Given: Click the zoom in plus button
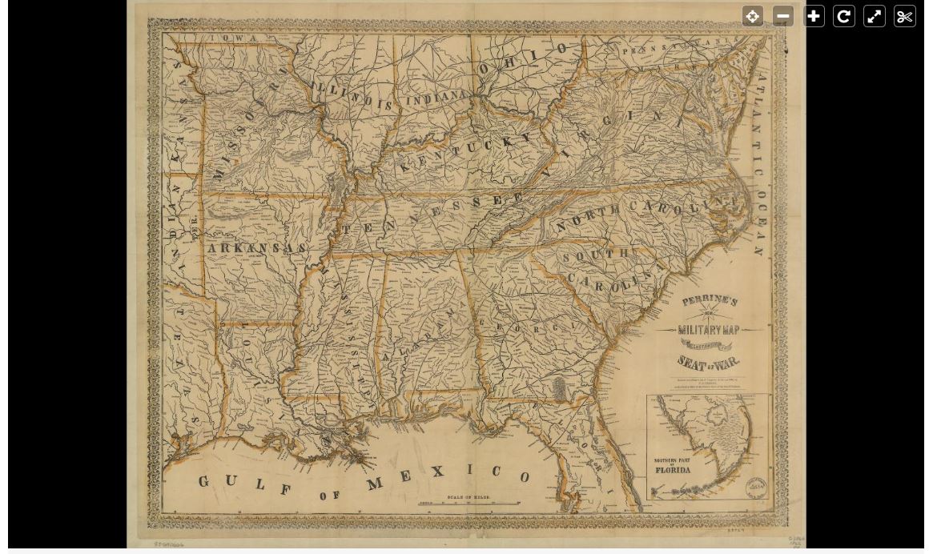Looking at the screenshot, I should coord(814,16).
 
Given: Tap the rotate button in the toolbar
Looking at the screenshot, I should coord(844,16).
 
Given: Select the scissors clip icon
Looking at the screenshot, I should coord(905,16).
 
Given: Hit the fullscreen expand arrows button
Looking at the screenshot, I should coord(875,16).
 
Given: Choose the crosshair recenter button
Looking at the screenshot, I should coord(753,16).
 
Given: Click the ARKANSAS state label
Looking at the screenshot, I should coord(256,248).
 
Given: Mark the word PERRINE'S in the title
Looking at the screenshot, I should coord(710,301).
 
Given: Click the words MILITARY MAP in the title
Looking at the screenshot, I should coord(710,329).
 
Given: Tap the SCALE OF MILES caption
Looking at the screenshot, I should coord(469,497).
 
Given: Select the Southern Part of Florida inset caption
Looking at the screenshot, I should coord(673,466).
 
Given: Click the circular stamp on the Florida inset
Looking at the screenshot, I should coord(757,488).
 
